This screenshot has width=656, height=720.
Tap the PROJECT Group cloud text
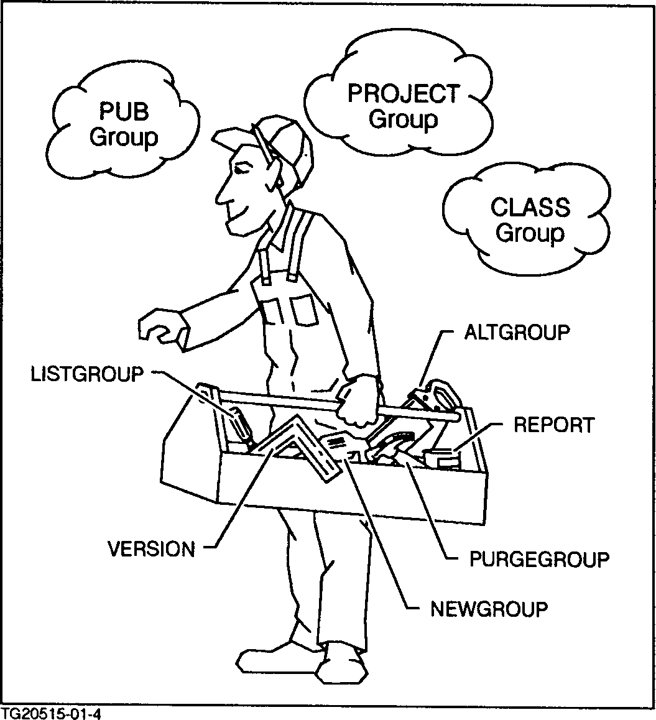coord(404,106)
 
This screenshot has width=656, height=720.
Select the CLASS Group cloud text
coord(530,220)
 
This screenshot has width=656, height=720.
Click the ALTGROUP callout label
coord(517,333)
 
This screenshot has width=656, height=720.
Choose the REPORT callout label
coord(553,425)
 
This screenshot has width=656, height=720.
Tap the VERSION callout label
coord(151,549)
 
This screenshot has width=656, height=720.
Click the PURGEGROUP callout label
coord(538,559)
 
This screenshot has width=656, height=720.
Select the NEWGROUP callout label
coord(489,608)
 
